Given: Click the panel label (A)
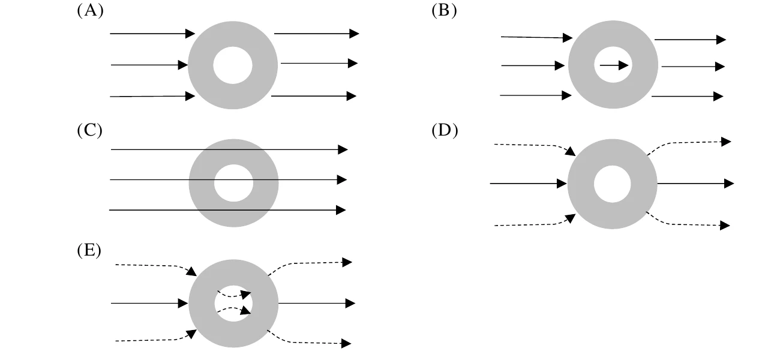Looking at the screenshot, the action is (90, 10).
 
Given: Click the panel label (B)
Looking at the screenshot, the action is (444, 10).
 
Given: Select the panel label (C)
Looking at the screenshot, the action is (90, 130).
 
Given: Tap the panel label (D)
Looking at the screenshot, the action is (445, 130).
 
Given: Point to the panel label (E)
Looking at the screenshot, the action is (89, 250).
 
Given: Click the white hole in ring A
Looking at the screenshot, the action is (233, 65).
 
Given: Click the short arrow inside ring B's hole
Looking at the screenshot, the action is (614, 65).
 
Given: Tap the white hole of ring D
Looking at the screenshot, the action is (612, 184).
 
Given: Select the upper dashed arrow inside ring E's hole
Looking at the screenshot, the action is (234, 295).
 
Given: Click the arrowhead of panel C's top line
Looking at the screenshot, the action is (343, 149).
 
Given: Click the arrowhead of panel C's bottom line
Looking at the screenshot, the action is (341, 210).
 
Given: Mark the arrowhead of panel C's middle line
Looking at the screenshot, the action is (342, 179).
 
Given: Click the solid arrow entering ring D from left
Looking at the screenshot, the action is (528, 183).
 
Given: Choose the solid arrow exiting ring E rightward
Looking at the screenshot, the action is (317, 303).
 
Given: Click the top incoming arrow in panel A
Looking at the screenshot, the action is (152, 34).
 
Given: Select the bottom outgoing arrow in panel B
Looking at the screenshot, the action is (688, 96).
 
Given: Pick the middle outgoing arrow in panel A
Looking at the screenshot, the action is (319, 63).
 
